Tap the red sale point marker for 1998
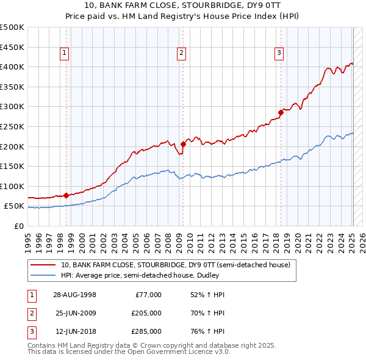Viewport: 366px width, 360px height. (66, 195)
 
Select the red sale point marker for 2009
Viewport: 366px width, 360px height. (183, 144)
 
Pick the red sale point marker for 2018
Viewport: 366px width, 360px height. (281, 112)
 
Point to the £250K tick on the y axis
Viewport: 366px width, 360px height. (13, 126)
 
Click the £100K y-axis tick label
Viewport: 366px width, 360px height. (13, 186)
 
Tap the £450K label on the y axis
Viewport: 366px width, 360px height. (13, 47)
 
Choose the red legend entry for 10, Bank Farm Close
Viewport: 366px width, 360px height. (179, 265)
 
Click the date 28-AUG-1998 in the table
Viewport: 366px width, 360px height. (75, 295)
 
